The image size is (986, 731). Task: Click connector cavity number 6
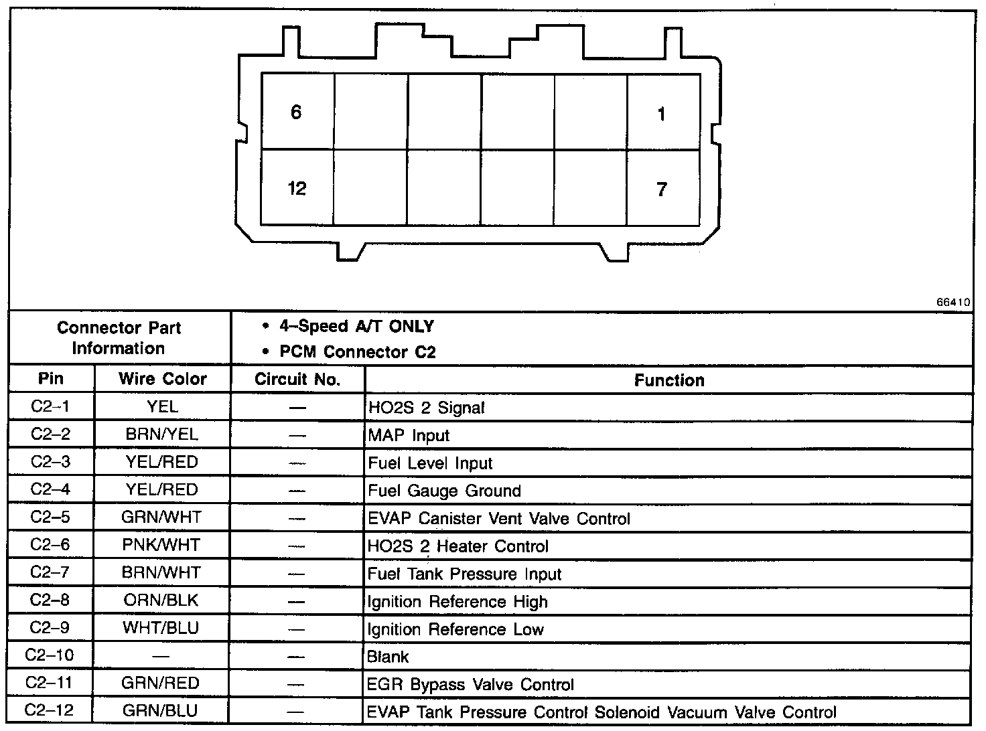click(x=296, y=112)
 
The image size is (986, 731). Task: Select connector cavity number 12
click(x=297, y=188)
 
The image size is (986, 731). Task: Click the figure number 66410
click(x=953, y=303)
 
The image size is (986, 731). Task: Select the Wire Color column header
click(x=163, y=379)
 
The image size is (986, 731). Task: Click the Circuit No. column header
click(x=297, y=380)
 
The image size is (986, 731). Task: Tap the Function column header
click(x=668, y=380)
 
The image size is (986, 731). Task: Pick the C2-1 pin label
click(x=50, y=406)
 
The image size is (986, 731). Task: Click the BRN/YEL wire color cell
click(x=162, y=434)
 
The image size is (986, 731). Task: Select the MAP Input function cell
click(x=409, y=436)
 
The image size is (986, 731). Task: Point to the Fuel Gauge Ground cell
click(x=444, y=491)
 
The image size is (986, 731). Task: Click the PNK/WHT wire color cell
click(x=161, y=545)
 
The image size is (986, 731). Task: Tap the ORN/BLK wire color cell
click(x=161, y=600)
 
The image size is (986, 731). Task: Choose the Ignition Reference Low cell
click(x=455, y=630)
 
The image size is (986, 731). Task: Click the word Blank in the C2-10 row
click(x=388, y=657)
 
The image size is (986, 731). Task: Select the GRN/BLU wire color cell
click(x=161, y=710)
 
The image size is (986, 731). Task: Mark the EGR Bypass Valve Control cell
click(x=471, y=685)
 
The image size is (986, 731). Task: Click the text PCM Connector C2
click(x=357, y=351)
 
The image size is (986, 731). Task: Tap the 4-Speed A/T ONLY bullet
click(x=356, y=327)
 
